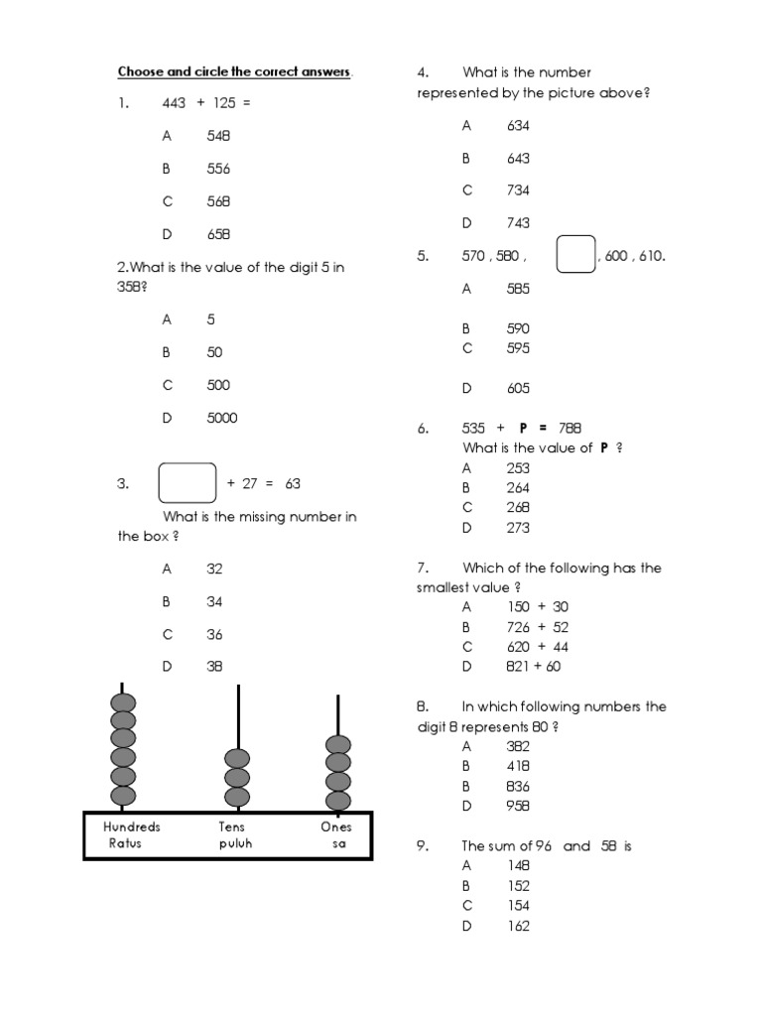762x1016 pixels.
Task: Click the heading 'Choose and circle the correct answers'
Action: point(235,71)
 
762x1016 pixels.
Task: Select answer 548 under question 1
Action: point(218,136)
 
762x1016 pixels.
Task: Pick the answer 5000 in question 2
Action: point(222,418)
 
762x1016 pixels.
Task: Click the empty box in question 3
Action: point(188,483)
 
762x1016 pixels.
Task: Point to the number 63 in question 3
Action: point(293,483)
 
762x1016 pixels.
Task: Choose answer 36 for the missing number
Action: point(215,634)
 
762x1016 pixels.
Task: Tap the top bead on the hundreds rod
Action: point(123,704)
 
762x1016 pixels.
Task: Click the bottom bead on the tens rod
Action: point(237,796)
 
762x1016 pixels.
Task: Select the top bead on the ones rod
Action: point(338,745)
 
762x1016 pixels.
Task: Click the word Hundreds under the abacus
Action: point(132,826)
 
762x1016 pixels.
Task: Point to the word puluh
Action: point(237,844)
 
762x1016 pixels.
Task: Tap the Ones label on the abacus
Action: point(336,826)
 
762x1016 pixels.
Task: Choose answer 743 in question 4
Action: point(518,222)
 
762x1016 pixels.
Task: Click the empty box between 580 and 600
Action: point(575,254)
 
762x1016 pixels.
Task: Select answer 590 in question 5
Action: point(518,328)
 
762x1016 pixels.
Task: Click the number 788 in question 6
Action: point(570,428)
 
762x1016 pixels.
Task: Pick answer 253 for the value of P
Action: point(518,467)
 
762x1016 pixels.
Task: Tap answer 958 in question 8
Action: point(518,806)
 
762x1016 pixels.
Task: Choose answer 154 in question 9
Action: point(518,905)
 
